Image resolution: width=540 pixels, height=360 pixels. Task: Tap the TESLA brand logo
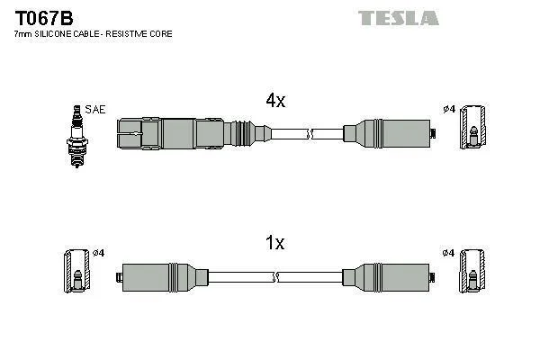click(x=399, y=17)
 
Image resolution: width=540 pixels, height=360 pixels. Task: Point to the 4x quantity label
click(x=275, y=102)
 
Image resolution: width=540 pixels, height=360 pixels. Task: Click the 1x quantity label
click(x=275, y=242)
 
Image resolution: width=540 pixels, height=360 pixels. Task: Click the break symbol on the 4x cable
click(x=310, y=135)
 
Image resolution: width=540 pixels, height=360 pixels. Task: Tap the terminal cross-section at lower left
click(x=76, y=272)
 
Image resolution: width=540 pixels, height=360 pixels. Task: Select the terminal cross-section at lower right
click(x=472, y=272)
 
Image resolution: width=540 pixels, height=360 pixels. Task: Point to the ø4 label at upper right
click(x=449, y=110)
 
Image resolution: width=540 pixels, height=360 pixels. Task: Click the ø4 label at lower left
click(x=99, y=252)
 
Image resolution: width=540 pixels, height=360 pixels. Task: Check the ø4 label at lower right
click(x=449, y=252)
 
